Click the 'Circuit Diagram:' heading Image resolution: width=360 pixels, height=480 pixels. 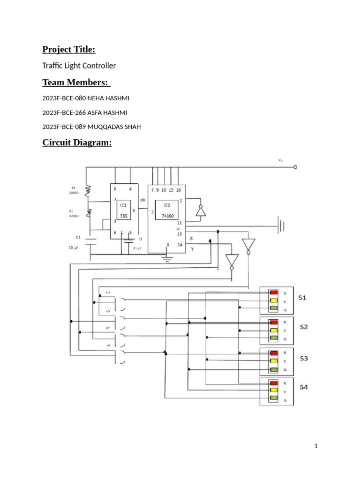point(77,142)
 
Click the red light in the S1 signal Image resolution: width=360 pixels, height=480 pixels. point(273,293)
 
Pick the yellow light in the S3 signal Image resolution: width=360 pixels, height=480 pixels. point(273,361)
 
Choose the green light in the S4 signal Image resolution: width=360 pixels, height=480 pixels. point(273,399)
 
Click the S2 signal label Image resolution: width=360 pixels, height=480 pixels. point(304,327)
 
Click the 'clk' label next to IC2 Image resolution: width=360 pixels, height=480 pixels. point(142,200)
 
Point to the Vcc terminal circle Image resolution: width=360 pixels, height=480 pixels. point(295,167)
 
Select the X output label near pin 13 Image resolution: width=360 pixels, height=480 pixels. point(191,238)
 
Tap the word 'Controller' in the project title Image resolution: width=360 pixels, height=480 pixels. point(98,66)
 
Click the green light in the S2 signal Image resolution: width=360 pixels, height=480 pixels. point(273,338)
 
